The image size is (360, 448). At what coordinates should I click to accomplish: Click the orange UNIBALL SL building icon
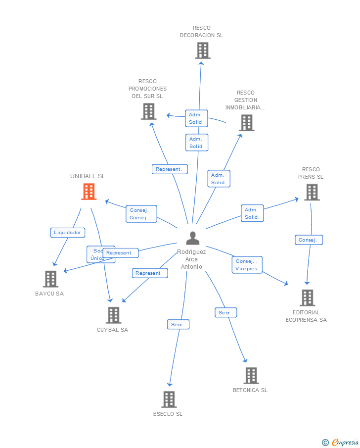(89, 192)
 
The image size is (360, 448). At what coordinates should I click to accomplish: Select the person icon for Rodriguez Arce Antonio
(192, 238)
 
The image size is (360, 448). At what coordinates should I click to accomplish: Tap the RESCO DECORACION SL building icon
(202, 50)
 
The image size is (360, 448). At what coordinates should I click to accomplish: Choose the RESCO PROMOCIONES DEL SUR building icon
(148, 111)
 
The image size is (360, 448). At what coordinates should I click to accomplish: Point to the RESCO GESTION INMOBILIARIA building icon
(246, 123)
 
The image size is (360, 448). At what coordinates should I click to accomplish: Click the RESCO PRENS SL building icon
(312, 192)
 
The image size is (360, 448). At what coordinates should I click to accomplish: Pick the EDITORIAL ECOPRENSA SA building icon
(307, 298)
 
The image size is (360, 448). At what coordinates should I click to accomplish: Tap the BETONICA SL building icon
(251, 375)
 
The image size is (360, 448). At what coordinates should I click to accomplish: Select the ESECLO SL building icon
(169, 399)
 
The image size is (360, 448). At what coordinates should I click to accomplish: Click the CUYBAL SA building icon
(113, 315)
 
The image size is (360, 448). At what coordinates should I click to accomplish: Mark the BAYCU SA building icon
(50, 279)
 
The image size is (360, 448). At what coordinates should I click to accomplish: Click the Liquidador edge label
(68, 233)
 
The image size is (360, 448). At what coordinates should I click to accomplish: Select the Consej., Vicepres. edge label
(247, 265)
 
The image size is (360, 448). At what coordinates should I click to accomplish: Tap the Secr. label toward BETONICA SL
(225, 313)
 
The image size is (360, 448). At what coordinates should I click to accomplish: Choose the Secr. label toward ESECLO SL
(178, 325)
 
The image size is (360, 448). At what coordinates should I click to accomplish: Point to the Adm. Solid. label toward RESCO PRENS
(252, 213)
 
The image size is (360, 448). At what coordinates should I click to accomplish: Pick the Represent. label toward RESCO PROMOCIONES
(170, 169)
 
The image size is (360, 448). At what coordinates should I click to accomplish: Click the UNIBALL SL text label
(88, 176)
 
